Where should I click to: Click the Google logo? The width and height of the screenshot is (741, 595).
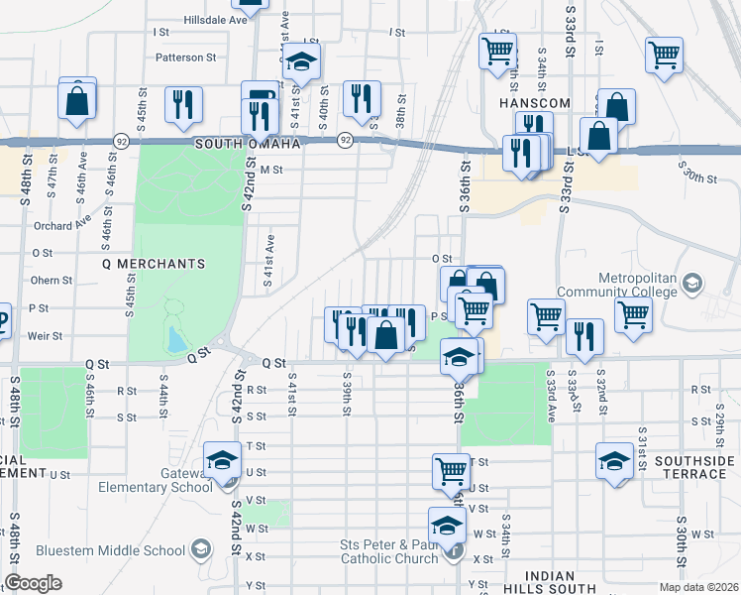pyautogui.click(x=33, y=583)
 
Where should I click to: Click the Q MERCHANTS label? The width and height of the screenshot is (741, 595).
pyautogui.click(x=154, y=264)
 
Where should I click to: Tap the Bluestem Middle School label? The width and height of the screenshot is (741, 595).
pyautogui.click(x=110, y=550)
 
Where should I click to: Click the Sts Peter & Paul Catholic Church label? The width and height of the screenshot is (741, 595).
pyautogui.click(x=388, y=551)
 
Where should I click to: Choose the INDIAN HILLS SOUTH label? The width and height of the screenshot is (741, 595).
pyautogui.click(x=550, y=583)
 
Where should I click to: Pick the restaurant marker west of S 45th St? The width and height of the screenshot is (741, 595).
pyautogui.click(x=183, y=104)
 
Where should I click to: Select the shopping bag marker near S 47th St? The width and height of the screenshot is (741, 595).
pyautogui.click(x=77, y=100)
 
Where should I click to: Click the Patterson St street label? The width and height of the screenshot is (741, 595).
pyautogui.click(x=185, y=58)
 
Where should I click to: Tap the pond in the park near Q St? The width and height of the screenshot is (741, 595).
pyautogui.click(x=175, y=340)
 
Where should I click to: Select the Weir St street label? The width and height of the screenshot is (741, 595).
pyautogui.click(x=40, y=337)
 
